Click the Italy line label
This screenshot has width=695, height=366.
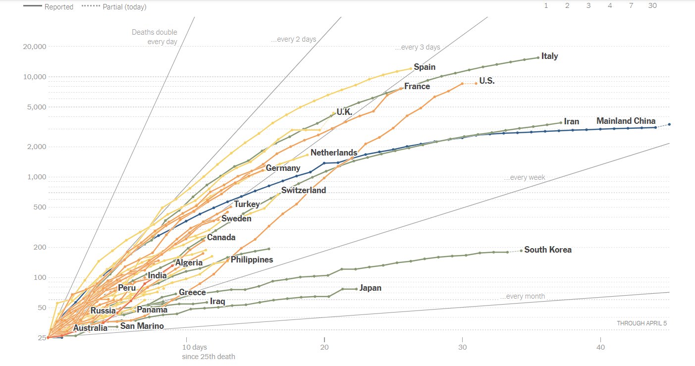tap(549, 56)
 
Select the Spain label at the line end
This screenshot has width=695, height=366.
tap(425, 67)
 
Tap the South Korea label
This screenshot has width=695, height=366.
tap(547, 250)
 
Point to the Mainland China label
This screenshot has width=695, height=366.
tap(626, 121)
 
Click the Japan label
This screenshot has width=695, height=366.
tap(370, 288)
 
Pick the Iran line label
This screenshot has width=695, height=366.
tap(571, 121)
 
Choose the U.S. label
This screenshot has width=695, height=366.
tap(486, 81)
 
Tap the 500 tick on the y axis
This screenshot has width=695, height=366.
tap(39, 207)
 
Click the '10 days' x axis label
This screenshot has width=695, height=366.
tap(194, 348)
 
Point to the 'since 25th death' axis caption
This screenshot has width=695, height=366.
tap(208, 356)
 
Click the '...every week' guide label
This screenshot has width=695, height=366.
tap(525, 177)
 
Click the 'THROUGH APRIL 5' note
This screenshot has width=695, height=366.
tap(642, 323)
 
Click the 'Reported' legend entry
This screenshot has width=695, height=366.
tap(58, 7)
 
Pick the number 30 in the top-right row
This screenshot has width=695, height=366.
tap(652, 5)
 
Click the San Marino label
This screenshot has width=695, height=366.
tap(142, 326)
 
